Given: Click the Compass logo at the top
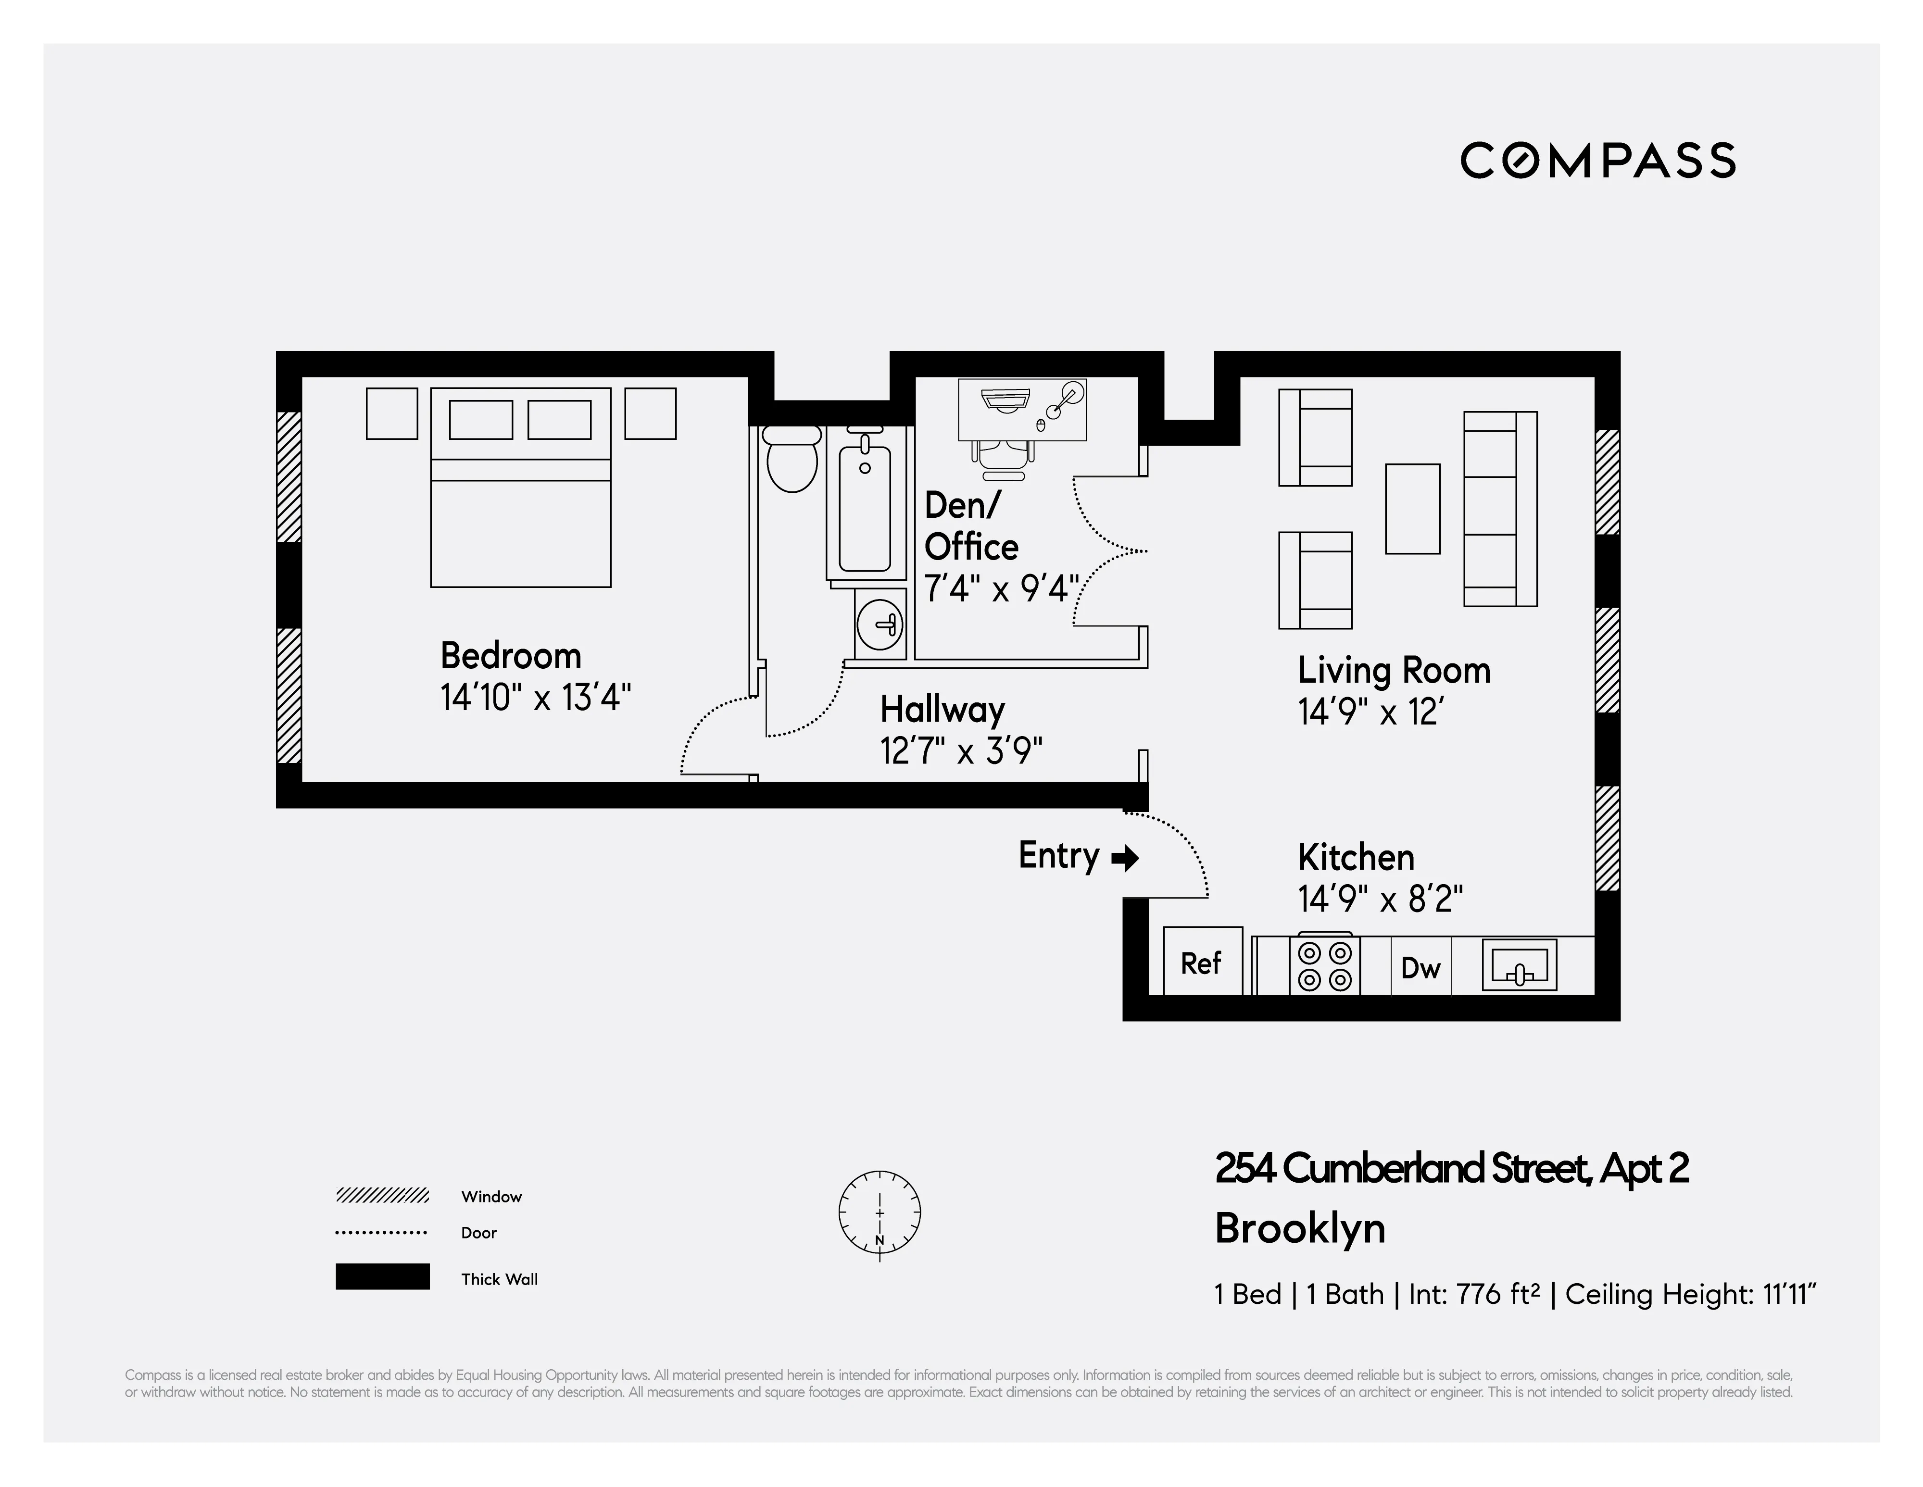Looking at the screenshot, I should pos(1597,160).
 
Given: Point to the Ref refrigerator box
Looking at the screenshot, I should pos(1202,962).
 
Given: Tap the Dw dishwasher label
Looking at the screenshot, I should pos(1420,968).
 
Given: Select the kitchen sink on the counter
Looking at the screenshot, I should pos(1519,966).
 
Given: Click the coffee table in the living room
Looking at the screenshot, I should pos(1412,509).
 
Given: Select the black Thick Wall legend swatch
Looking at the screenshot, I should pos(382,1276).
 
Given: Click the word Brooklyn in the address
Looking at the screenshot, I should pos(1300,1229).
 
